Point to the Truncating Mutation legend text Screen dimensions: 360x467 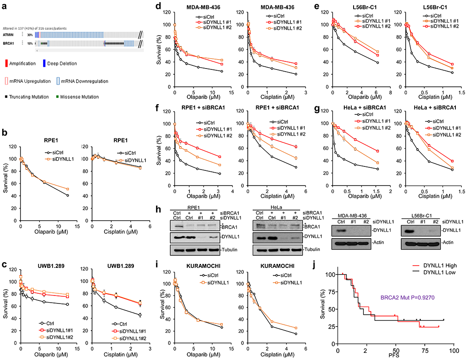[x=27, y=96]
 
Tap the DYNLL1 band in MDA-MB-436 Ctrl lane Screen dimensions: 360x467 [x=341, y=231]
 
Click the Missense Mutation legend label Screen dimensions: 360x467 [x=77, y=96]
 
